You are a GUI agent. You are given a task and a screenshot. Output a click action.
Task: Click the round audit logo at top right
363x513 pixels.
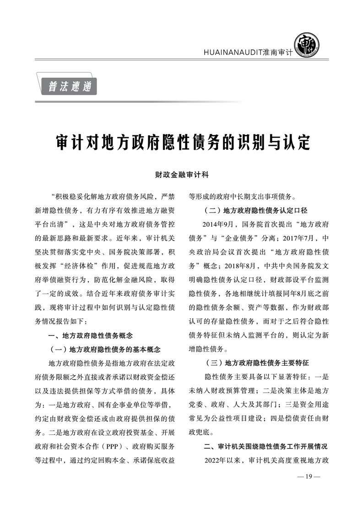pyautogui.click(x=306, y=46)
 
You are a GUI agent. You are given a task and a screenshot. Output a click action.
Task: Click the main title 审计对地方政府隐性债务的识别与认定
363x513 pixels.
pyautogui.click(x=182, y=143)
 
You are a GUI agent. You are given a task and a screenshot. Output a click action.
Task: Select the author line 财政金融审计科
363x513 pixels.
pyautogui.click(x=182, y=175)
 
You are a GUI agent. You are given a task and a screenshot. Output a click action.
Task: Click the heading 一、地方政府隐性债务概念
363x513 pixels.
pyautogui.click(x=90, y=336)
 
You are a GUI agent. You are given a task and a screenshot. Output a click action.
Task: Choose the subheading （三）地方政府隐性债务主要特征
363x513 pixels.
pyautogui.click(x=255, y=363)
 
